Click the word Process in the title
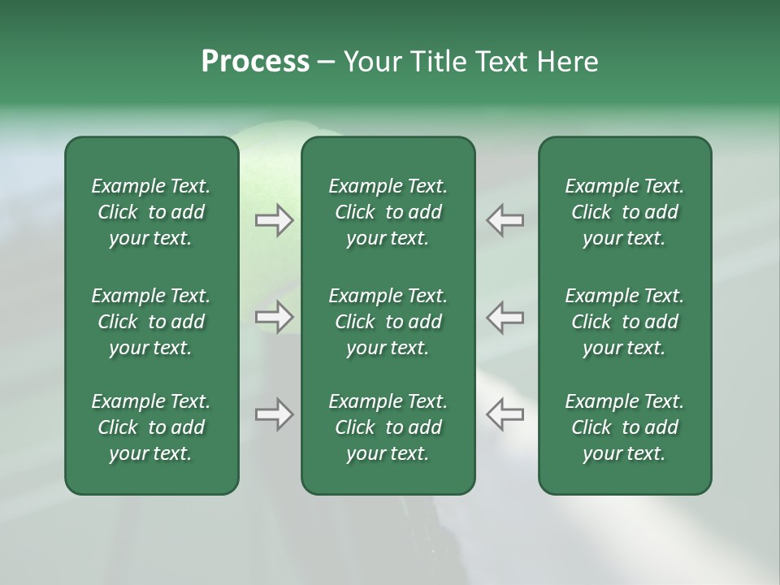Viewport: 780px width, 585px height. click(x=255, y=62)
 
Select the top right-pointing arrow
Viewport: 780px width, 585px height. click(x=274, y=220)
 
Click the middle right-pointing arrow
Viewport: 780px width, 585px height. click(x=274, y=317)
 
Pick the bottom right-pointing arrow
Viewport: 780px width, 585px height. click(x=274, y=414)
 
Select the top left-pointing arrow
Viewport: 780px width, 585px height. click(x=505, y=220)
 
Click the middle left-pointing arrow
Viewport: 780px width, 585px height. click(x=505, y=317)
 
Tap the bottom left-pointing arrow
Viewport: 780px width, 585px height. click(x=505, y=414)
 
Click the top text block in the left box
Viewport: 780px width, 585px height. click(x=151, y=212)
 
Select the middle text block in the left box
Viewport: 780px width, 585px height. click(x=151, y=322)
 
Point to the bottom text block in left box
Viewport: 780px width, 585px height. click(x=151, y=427)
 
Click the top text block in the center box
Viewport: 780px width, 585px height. click(x=388, y=212)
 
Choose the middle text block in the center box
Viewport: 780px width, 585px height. click(x=388, y=322)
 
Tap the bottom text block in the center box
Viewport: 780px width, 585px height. click(x=388, y=427)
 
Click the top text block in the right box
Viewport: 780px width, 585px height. click(x=624, y=212)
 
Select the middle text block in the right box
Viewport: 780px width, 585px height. click(x=624, y=322)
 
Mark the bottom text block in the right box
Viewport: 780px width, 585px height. click(x=624, y=427)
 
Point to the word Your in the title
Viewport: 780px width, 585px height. click(x=373, y=62)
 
